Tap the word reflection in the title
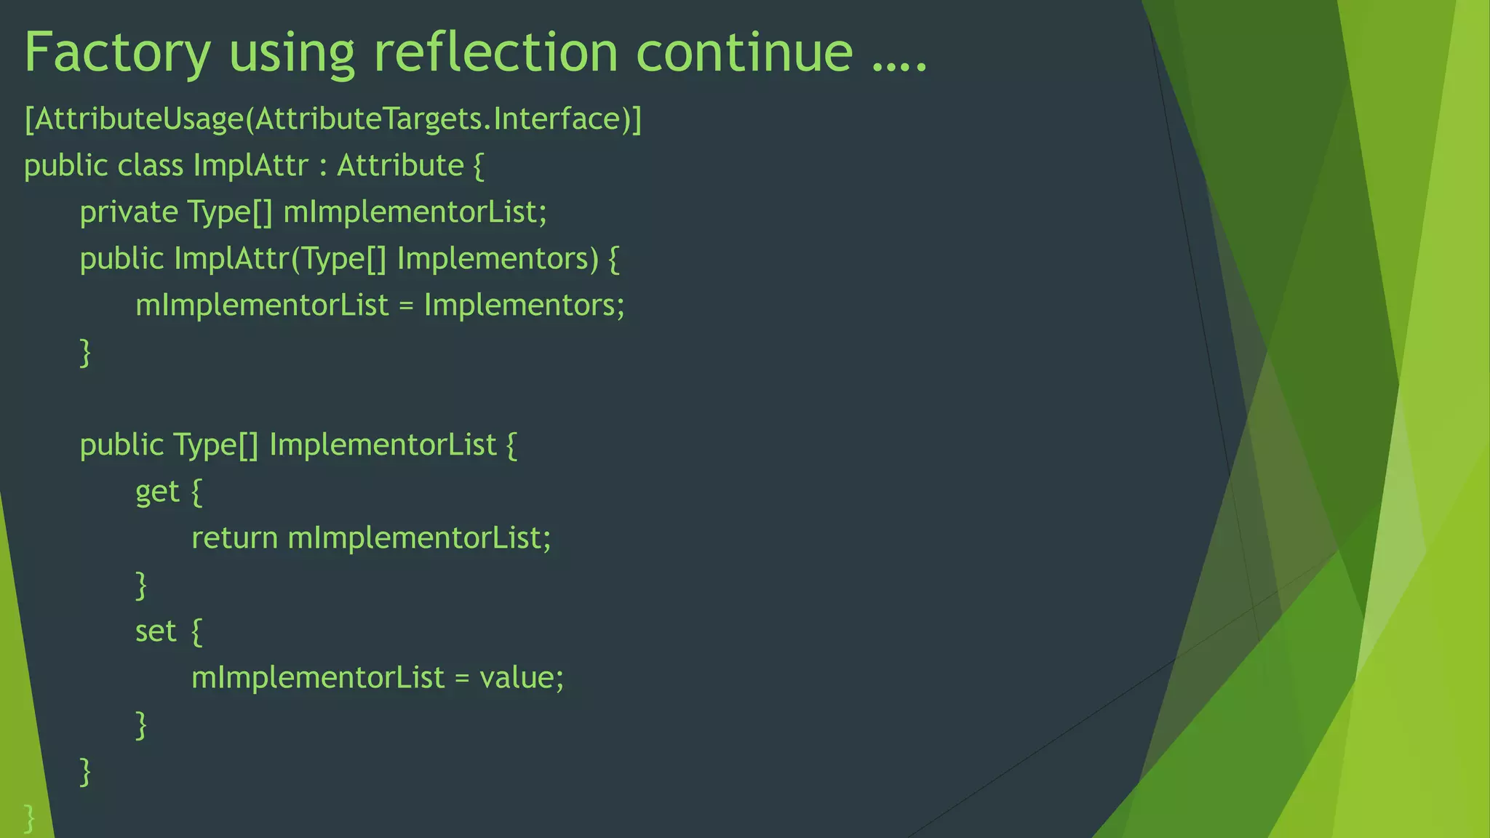[x=495, y=52]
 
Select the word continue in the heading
[x=744, y=52]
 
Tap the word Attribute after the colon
[x=400, y=166]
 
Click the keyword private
[x=129, y=212]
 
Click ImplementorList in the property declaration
[x=383, y=445]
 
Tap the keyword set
[x=156, y=631]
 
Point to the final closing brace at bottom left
[x=29, y=818]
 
